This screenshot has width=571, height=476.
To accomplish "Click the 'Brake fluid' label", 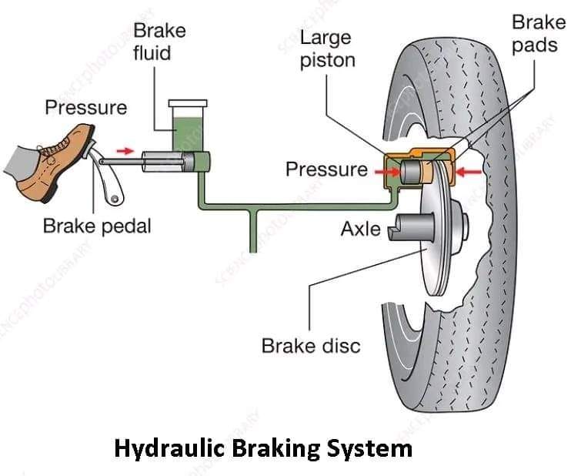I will pos(159,43).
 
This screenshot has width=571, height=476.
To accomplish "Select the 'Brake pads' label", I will pos(534,33).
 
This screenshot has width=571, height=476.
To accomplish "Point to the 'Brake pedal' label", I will pos(97,226).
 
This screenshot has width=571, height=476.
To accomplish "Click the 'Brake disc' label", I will pos(311,344).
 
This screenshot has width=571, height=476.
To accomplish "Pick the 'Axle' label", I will pos(360,229).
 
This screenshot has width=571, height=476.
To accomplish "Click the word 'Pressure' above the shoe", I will pos(85,107).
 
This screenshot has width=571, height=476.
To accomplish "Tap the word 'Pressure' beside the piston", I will pos(326,169).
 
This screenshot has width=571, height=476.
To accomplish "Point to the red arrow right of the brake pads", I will pos(466,170).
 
